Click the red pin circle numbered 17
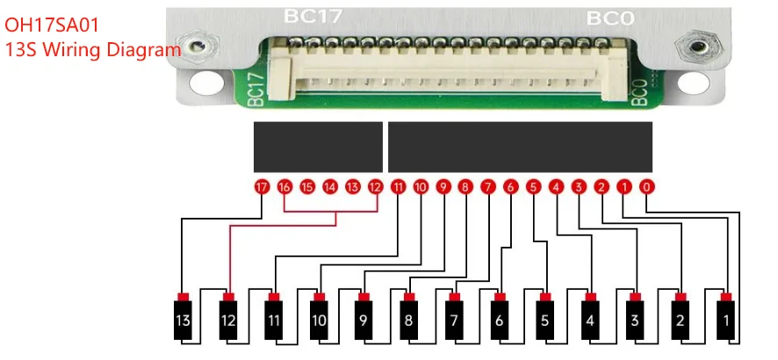point(262,187)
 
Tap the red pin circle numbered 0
point(646,187)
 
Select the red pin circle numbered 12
point(376,187)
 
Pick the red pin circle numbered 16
point(285,187)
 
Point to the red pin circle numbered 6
point(510,187)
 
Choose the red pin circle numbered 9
point(443,187)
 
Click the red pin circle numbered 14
point(330,187)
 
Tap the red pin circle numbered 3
point(579,187)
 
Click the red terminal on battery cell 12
point(228,297)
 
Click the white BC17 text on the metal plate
point(313,16)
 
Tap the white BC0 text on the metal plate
point(610,18)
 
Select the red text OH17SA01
point(52,25)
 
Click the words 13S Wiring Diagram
point(93,49)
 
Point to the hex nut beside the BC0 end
point(696,47)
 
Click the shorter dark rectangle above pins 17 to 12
point(318,147)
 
